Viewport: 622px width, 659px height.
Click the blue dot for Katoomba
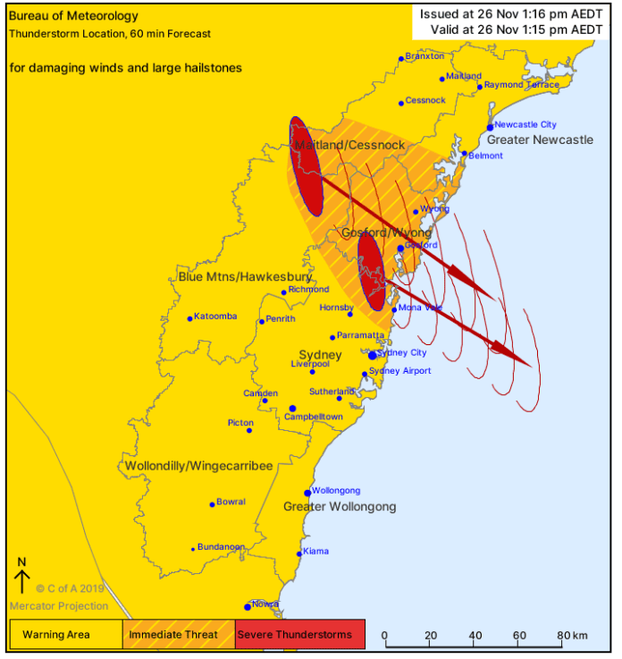189,318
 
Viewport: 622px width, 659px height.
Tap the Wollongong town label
336,490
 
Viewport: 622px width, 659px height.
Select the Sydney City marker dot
373,355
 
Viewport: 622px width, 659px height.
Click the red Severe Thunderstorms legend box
300,635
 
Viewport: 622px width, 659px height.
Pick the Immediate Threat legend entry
179,635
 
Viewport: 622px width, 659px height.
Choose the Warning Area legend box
65,635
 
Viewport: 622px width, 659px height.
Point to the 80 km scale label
572,636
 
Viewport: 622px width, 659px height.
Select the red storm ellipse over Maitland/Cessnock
306,166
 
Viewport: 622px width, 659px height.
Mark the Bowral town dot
212,504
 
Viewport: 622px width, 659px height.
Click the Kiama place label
316,551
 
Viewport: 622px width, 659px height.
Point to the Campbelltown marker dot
292,409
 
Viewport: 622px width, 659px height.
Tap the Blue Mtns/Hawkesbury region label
245,276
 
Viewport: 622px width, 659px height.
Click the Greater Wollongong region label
340,507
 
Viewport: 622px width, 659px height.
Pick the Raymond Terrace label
522,85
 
